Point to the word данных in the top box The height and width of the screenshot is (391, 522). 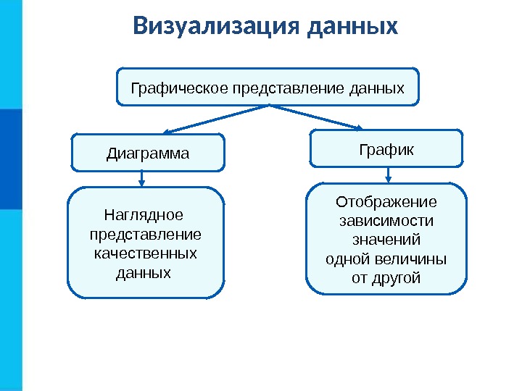[x=376, y=89]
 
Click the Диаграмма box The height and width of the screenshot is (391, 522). [x=148, y=154]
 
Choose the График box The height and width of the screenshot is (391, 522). [x=386, y=149]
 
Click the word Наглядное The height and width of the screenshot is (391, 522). [x=144, y=215]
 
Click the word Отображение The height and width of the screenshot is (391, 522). [x=386, y=201]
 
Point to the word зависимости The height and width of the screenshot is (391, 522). [x=386, y=220]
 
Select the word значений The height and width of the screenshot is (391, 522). [x=386, y=240]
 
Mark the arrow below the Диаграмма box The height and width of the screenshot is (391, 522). [x=142, y=179]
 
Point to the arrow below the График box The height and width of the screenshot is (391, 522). [x=389, y=175]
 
